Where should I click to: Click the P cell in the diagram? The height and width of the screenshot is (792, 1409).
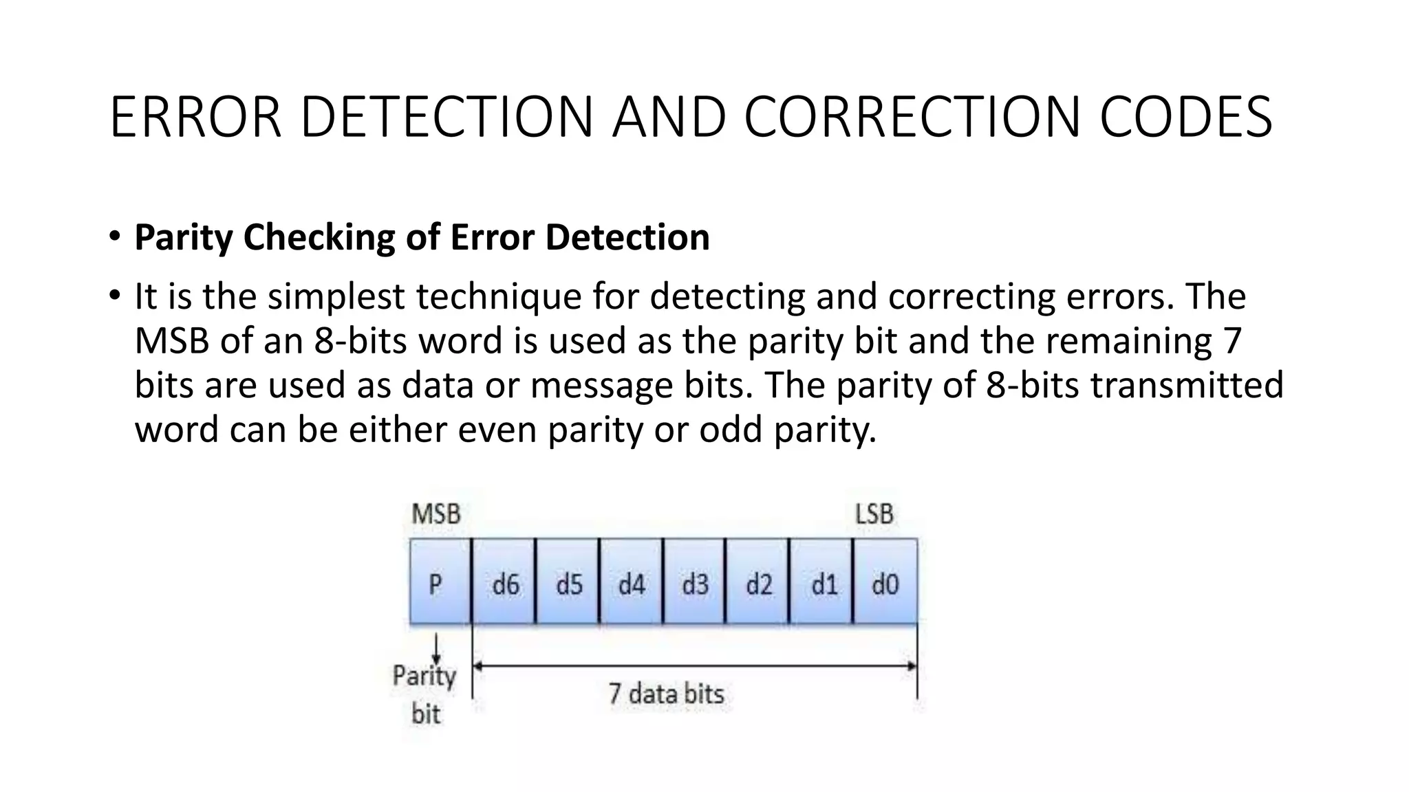(x=440, y=582)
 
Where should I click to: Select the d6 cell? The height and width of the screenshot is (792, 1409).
(x=504, y=582)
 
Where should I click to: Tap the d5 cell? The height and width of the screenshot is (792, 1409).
(x=568, y=582)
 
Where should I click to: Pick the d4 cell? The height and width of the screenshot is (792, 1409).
(x=632, y=582)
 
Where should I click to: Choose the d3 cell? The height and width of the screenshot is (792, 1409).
(x=695, y=582)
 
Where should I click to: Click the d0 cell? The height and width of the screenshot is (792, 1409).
(x=885, y=582)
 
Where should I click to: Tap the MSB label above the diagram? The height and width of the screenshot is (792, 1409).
(x=435, y=514)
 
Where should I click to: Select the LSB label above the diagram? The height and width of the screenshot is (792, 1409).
(x=874, y=514)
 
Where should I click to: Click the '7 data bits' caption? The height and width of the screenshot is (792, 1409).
(x=666, y=693)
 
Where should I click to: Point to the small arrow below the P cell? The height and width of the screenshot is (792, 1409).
(x=435, y=648)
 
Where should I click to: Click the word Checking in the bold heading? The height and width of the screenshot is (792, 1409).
(x=319, y=238)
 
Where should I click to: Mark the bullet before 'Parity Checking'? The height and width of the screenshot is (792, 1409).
(x=114, y=236)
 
